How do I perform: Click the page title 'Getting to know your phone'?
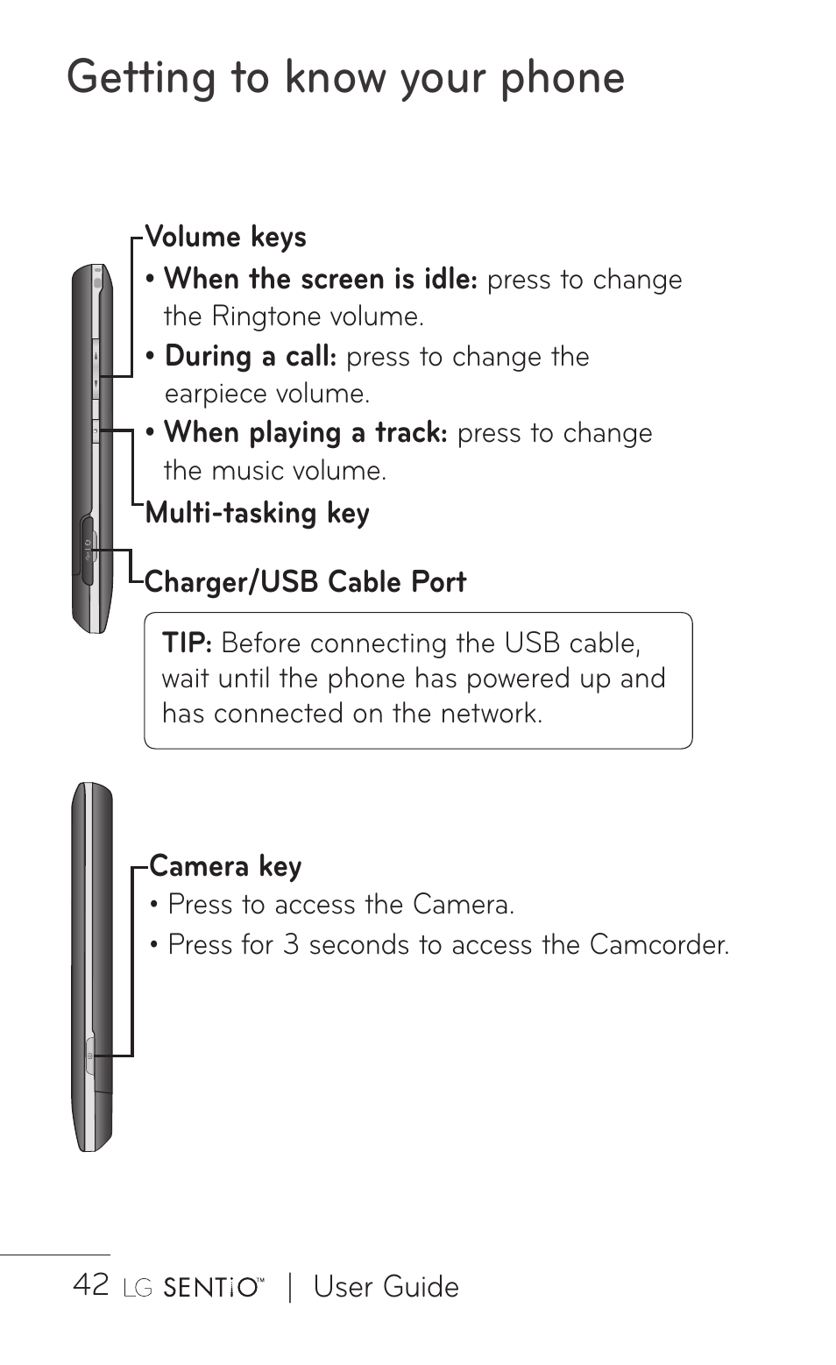point(345,78)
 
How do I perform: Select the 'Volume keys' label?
point(225,238)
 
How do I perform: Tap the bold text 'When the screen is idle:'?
point(321,280)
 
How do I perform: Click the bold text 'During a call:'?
point(251,357)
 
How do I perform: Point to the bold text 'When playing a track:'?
point(306,433)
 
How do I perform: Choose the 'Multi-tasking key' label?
point(257,513)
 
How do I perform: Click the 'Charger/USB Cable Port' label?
point(305,582)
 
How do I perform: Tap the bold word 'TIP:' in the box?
point(187,643)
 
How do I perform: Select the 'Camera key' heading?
point(225,867)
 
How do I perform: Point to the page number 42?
point(91,1285)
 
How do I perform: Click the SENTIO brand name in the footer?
point(212,1288)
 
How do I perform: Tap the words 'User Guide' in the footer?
point(386,1287)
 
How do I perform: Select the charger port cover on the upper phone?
point(87,551)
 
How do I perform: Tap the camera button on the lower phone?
point(89,1056)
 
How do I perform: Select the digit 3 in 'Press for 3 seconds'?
point(291,945)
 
